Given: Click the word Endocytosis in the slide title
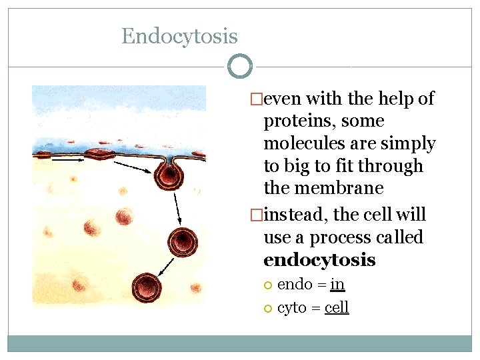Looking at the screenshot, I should [179, 36].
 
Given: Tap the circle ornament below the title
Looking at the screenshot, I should [239, 67].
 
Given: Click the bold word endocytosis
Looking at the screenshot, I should [319, 259].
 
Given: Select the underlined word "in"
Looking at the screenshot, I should [337, 285].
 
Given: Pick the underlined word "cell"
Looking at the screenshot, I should [337, 307].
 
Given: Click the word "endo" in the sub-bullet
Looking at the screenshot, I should [295, 285].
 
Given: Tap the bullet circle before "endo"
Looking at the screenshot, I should [268, 285].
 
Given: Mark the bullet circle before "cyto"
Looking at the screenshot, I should [268, 308].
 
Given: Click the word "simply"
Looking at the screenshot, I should [413, 143].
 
